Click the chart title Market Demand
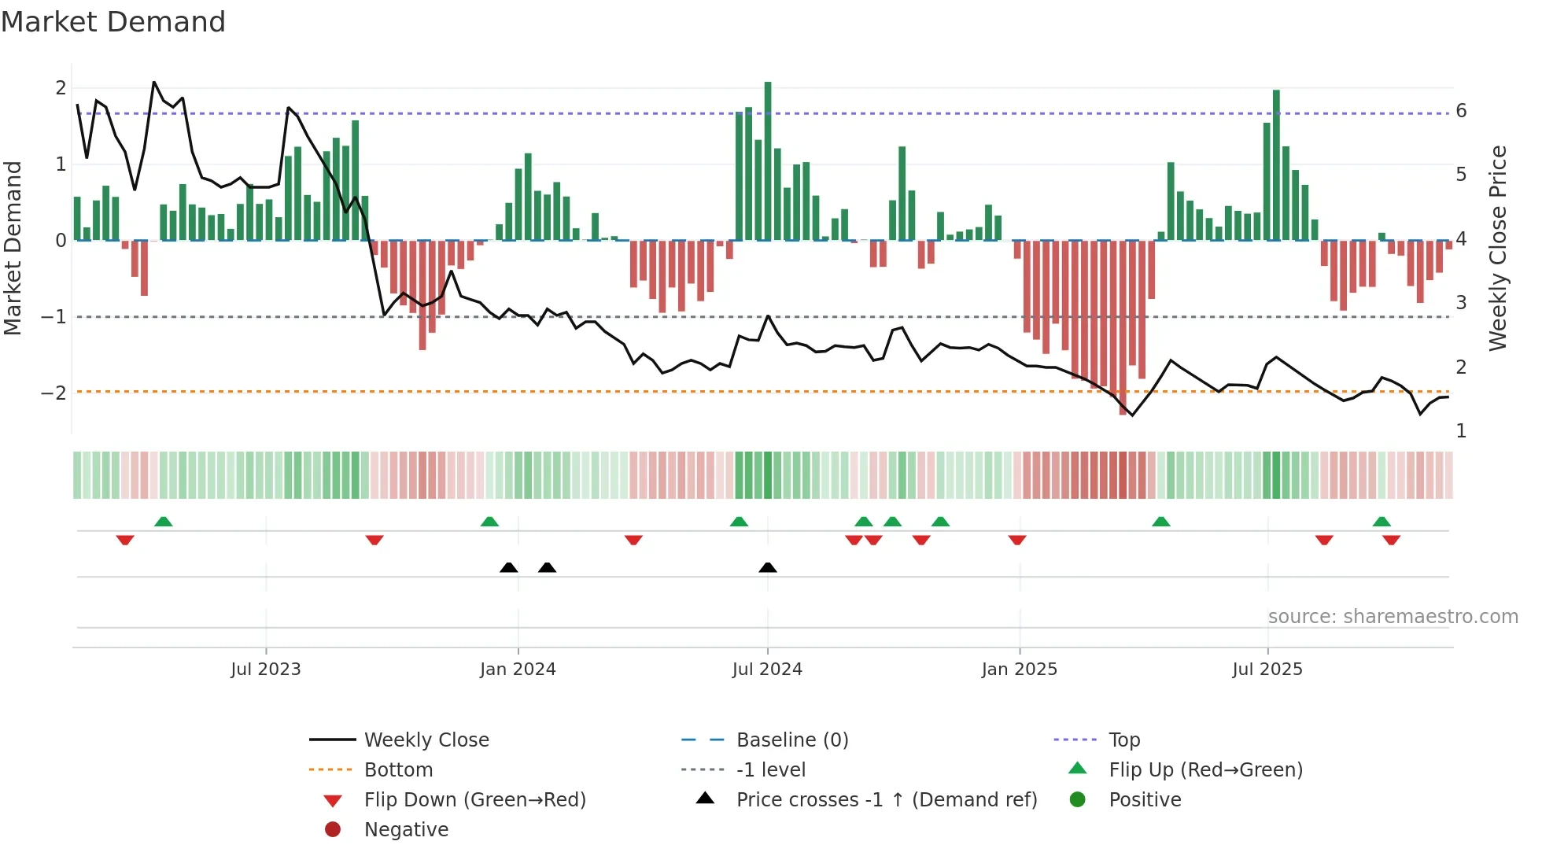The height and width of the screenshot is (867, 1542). click(113, 22)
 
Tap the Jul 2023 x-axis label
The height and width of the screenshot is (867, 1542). click(266, 670)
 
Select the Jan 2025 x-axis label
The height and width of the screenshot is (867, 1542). click(1019, 670)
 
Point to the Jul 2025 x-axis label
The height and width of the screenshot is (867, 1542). click(1267, 670)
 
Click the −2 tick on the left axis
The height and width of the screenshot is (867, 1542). click(53, 393)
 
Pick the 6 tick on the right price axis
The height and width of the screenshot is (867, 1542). click(1461, 111)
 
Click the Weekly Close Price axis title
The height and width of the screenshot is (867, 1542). click(1498, 248)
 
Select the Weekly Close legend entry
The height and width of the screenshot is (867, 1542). click(426, 740)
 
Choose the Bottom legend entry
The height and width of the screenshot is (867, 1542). click(398, 770)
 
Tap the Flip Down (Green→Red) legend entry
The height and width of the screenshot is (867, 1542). click(474, 800)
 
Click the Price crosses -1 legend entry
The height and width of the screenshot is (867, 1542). click(886, 800)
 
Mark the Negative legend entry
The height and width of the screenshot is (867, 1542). click(406, 830)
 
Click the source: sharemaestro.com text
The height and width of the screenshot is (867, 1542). click(1393, 617)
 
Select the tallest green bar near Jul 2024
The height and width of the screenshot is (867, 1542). click(768, 157)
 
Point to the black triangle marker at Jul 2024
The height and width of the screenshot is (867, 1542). click(768, 567)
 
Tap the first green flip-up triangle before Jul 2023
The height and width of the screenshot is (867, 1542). click(164, 522)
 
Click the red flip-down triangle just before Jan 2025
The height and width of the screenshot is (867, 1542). click(1017, 540)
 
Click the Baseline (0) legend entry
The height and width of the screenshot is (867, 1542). click(791, 740)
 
